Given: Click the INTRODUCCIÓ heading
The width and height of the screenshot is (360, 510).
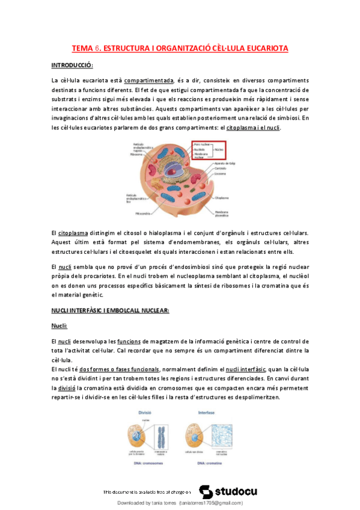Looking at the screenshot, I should (72, 65).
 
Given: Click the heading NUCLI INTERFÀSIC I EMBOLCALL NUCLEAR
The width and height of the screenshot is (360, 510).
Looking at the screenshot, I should (111, 310).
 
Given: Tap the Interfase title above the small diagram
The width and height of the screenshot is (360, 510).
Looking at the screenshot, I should (206, 413).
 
